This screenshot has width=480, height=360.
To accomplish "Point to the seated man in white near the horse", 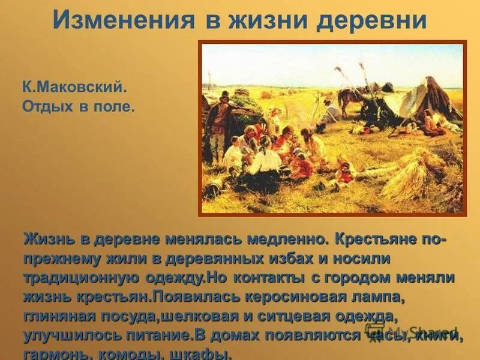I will tap(331, 111).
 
